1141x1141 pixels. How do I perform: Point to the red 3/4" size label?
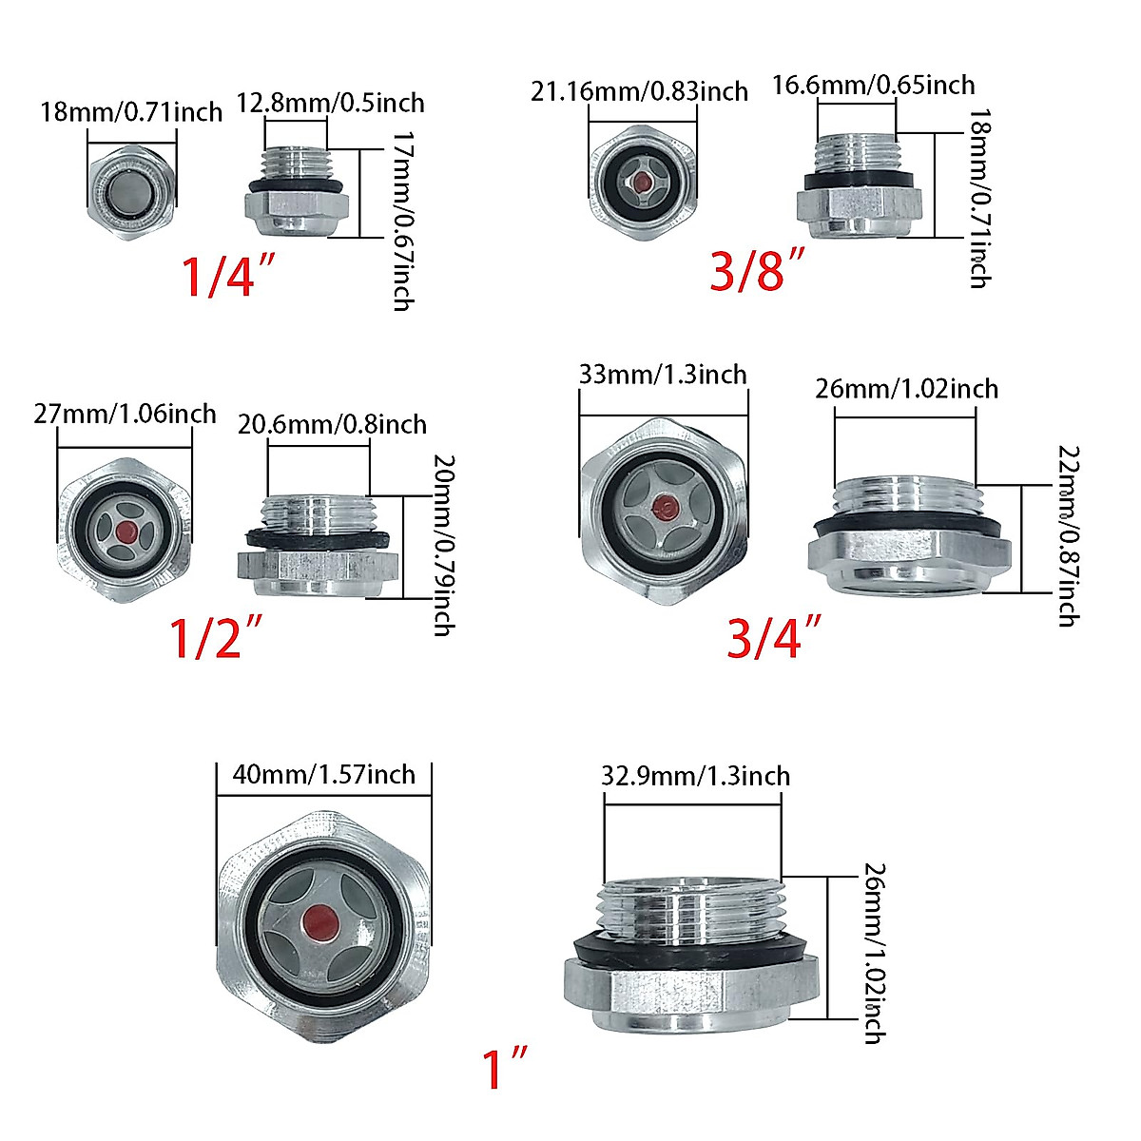(x=773, y=637)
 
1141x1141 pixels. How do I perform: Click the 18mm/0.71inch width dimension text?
(x=131, y=112)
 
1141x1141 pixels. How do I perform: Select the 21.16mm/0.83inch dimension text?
(x=639, y=91)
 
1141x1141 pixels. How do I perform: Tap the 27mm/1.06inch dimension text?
(x=125, y=414)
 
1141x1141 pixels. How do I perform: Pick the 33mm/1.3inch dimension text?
(x=663, y=374)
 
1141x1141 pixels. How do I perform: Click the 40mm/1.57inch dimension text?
(x=324, y=774)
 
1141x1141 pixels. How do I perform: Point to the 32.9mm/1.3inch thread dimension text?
(x=695, y=776)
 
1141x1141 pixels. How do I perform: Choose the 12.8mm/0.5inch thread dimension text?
(x=330, y=103)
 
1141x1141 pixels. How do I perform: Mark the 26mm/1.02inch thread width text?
(x=906, y=388)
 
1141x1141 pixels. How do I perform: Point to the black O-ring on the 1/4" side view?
(x=296, y=183)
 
